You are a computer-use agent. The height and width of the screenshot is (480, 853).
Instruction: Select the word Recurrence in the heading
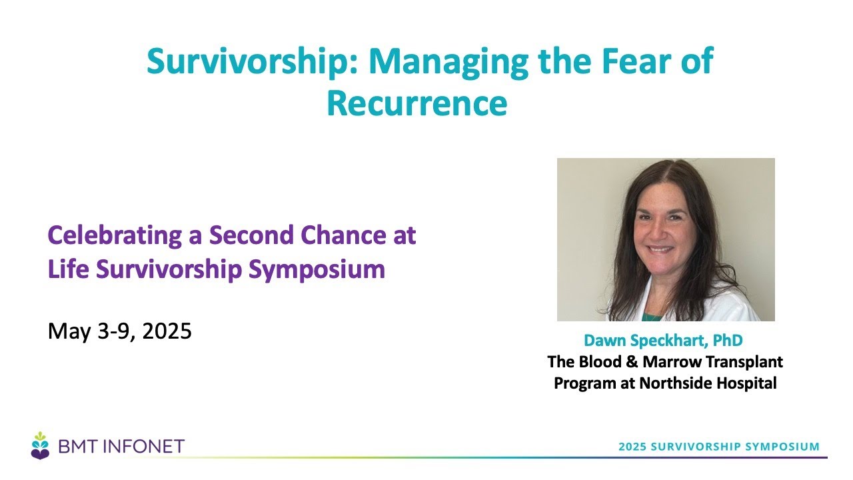click(x=417, y=103)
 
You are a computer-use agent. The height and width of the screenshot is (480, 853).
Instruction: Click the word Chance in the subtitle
click(x=343, y=235)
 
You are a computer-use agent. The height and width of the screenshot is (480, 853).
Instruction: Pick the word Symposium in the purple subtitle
click(x=317, y=271)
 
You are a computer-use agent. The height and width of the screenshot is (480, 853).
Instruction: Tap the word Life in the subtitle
click(x=69, y=269)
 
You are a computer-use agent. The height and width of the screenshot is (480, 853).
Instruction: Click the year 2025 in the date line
click(x=167, y=331)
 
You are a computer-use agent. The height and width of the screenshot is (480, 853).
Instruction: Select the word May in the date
click(x=69, y=331)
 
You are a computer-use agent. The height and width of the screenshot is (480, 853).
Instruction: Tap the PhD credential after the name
click(x=728, y=340)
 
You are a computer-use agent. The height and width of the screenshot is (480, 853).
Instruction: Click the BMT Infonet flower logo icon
click(x=40, y=446)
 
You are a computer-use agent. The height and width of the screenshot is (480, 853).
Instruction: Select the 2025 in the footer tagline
click(x=632, y=447)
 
